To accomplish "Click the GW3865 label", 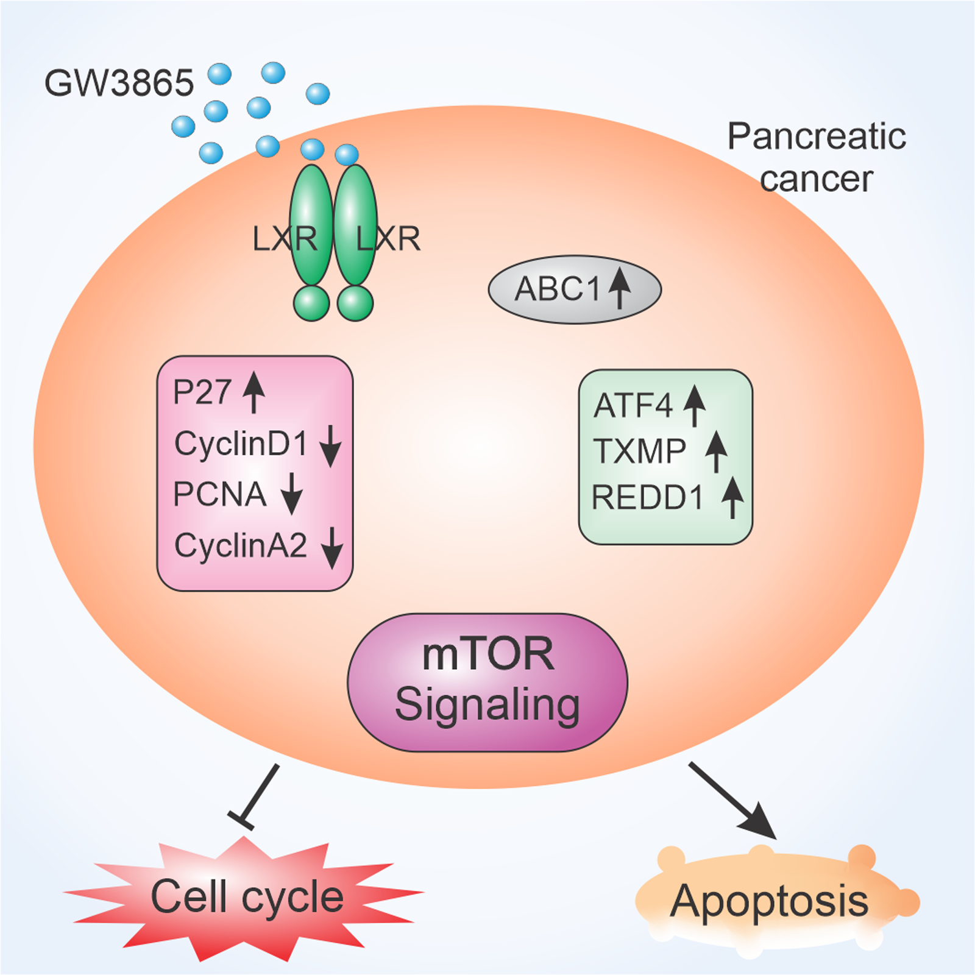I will point(119,83).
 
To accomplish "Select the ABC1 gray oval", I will point(574,289).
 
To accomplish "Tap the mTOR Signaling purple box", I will point(487,682).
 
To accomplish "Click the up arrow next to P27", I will point(254,393).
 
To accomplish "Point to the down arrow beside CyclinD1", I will point(330,446).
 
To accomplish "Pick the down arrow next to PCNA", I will point(292,493).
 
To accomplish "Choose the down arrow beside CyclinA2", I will point(332,547).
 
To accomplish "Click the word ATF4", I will point(633,406).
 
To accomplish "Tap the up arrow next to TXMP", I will point(716,452).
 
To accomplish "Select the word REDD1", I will point(648,497).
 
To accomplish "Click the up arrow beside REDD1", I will point(732,497).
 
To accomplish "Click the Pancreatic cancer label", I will point(817,157).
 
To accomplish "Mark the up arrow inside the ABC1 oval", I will point(620,288).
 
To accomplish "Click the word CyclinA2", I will point(241,545).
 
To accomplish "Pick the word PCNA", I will point(219,494).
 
